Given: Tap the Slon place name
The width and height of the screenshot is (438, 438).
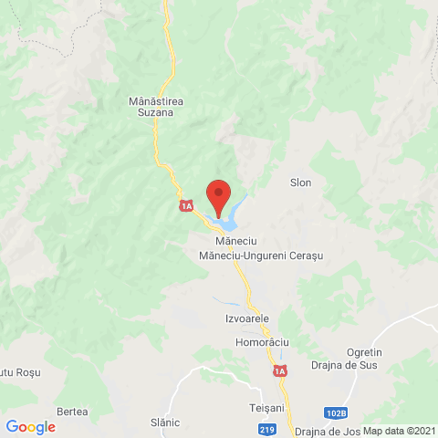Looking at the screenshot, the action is pyautogui.click(x=300, y=182).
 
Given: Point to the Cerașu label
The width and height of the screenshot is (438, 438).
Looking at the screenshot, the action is pyautogui.click(x=306, y=256).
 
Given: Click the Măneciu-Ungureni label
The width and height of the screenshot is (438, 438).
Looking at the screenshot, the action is pyautogui.click(x=240, y=256).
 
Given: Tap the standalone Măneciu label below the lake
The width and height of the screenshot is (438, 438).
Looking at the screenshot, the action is pyautogui.click(x=232, y=241).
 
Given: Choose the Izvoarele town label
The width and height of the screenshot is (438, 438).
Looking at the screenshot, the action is pyautogui.click(x=246, y=318).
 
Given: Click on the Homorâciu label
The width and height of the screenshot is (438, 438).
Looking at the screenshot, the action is pyautogui.click(x=262, y=341).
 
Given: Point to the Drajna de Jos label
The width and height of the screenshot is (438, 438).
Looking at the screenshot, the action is pyautogui.click(x=323, y=431).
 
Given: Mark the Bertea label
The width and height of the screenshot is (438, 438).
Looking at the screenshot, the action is pyautogui.click(x=72, y=412).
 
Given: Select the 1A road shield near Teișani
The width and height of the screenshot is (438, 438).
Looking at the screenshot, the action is pyautogui.click(x=280, y=372).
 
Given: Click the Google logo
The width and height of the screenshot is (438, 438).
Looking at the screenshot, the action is pyautogui.click(x=30, y=427).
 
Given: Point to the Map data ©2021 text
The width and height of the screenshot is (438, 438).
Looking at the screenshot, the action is pyautogui.click(x=399, y=431).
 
